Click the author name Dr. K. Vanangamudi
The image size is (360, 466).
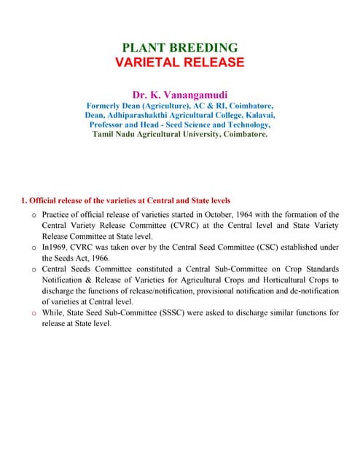coord(180,95)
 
